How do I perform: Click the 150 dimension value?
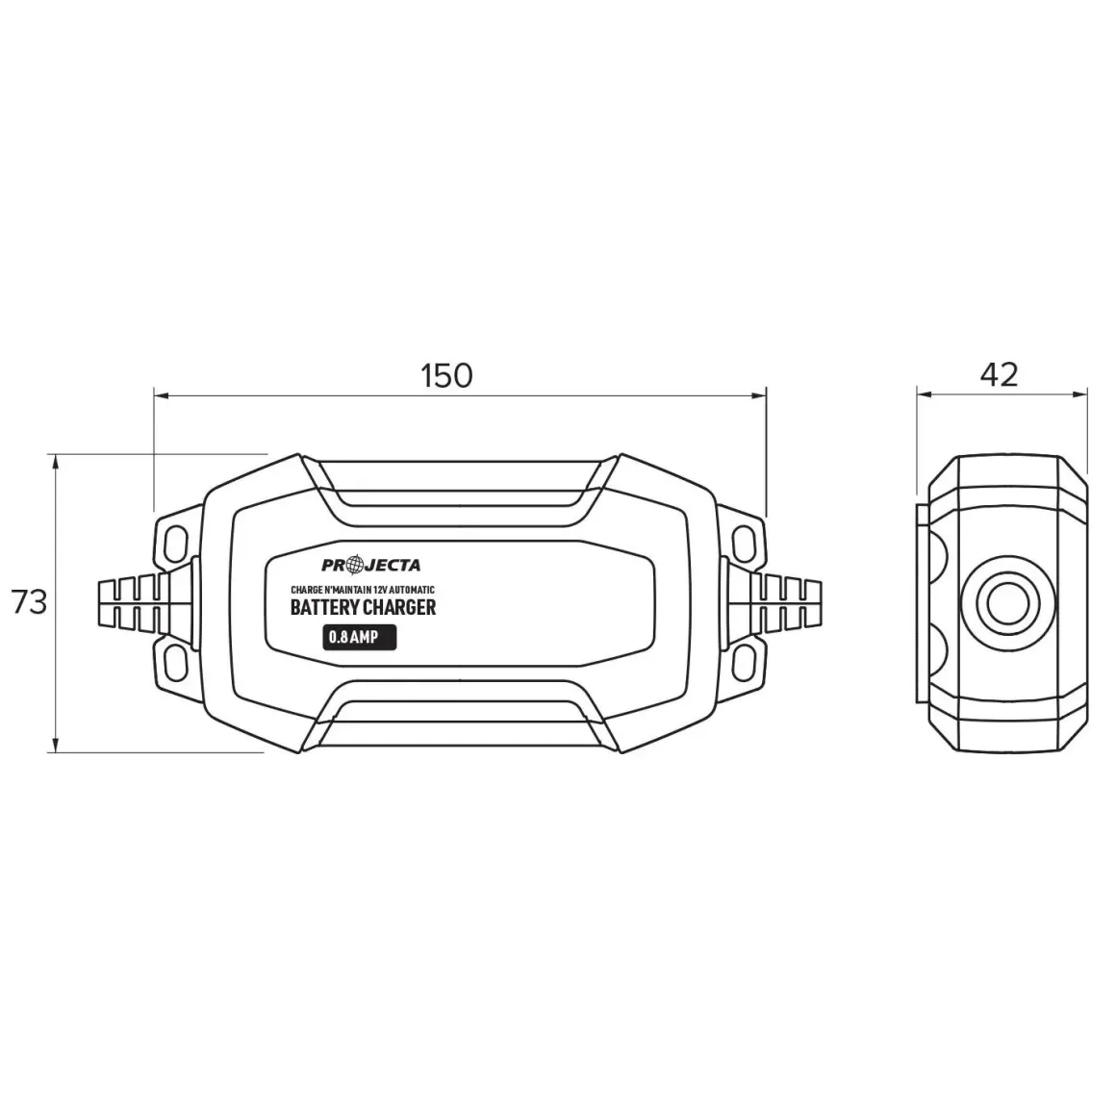pyautogui.click(x=446, y=375)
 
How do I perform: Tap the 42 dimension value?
pyautogui.click(x=1000, y=374)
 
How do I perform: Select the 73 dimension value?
pyautogui.click(x=29, y=602)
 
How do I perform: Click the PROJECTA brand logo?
pyautogui.click(x=370, y=565)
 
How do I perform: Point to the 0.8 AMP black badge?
pyautogui.click(x=360, y=636)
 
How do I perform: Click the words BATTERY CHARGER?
pyautogui.click(x=363, y=607)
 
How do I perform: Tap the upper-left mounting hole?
pyautogui.click(x=174, y=543)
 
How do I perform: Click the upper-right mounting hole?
pyautogui.click(x=745, y=543)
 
